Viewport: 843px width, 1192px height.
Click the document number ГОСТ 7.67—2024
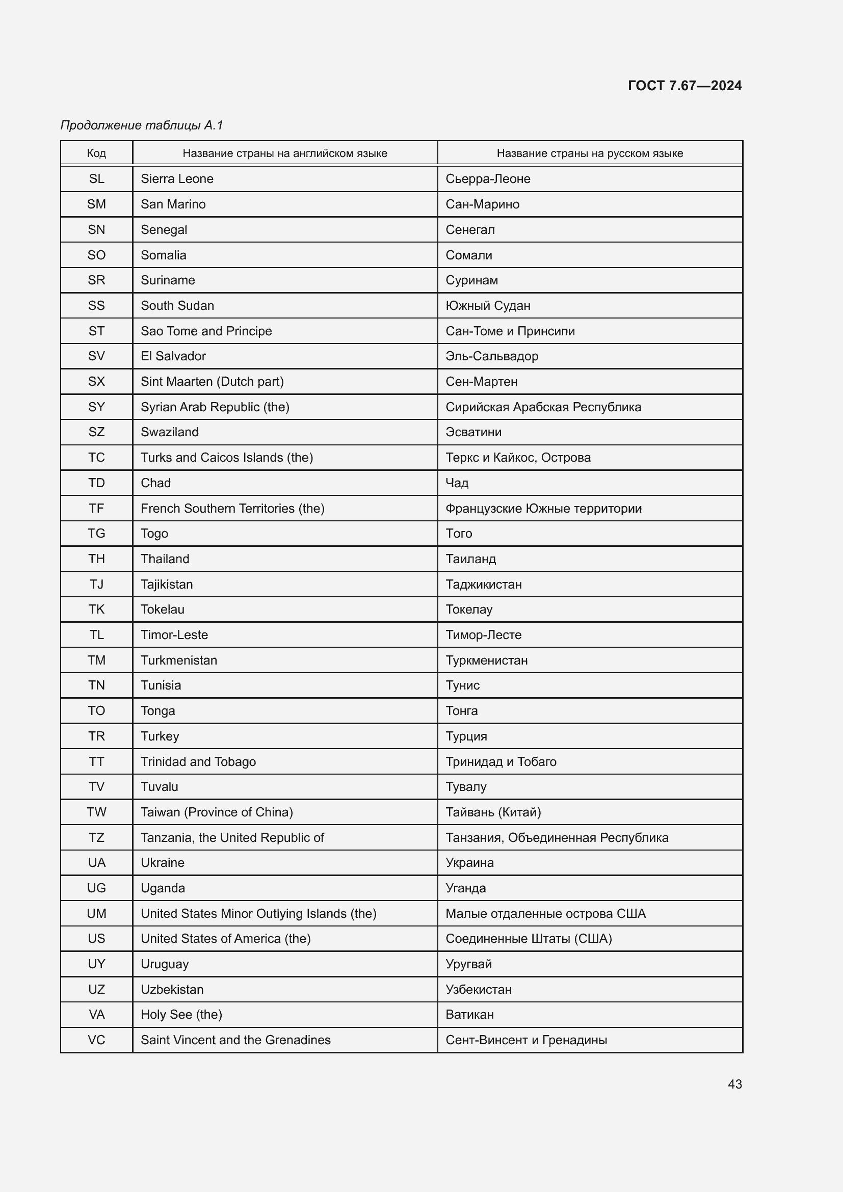684,86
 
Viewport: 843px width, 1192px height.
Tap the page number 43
734,1084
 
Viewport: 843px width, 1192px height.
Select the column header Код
96,153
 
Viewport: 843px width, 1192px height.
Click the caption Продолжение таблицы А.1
142,125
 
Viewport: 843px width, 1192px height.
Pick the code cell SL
96,178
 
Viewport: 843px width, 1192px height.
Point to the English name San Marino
173,204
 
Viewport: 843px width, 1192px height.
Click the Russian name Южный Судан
487,305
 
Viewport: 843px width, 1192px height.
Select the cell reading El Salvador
173,356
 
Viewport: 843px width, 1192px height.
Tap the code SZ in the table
96,432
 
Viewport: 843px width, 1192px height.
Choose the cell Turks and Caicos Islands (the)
227,457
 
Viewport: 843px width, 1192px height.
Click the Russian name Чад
457,483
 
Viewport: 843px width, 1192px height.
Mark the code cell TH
96,559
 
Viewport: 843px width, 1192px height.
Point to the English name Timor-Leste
174,634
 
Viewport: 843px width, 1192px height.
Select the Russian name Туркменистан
486,660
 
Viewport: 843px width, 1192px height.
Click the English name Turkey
160,736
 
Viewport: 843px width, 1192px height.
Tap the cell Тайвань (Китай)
493,812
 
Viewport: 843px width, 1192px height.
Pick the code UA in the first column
96,862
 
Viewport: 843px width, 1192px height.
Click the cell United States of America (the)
225,938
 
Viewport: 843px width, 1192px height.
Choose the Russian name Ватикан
469,1014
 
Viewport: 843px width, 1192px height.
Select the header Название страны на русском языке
590,153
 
